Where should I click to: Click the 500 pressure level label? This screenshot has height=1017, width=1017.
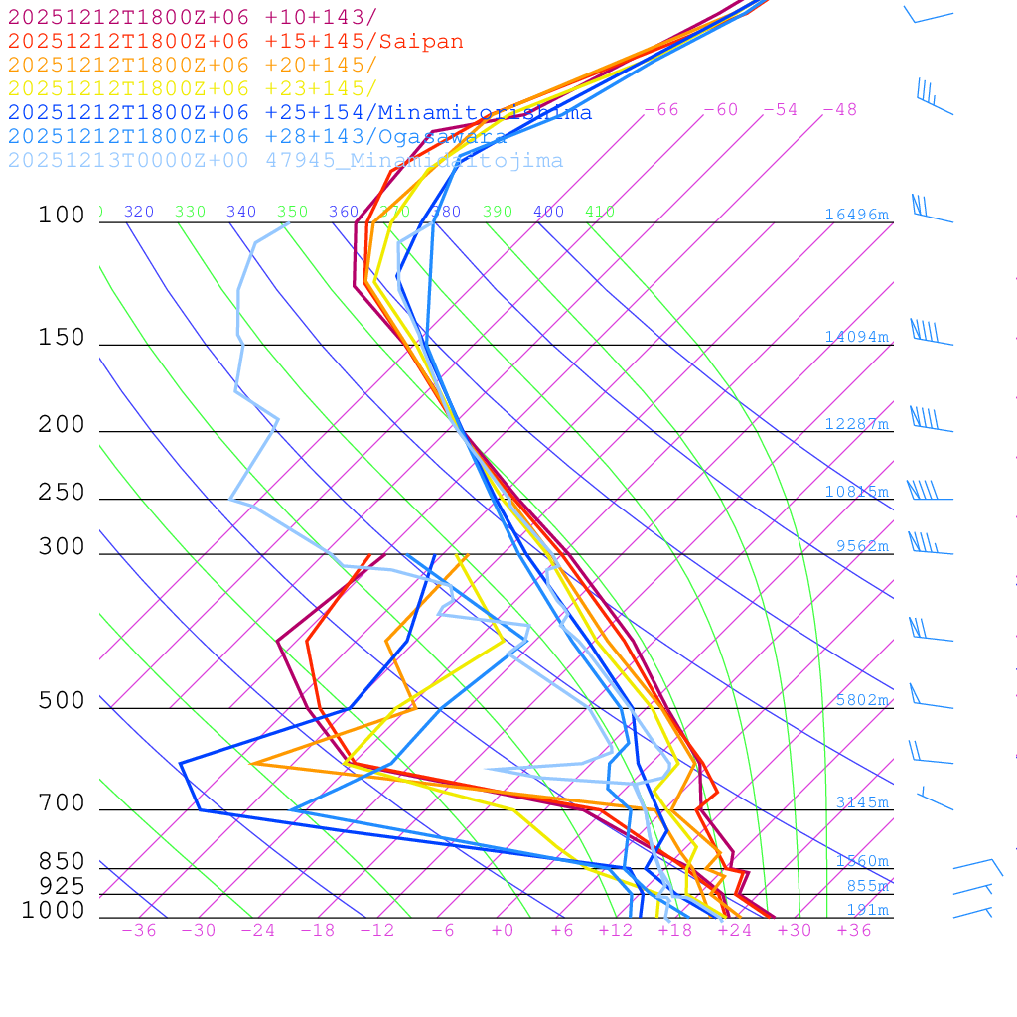click(x=63, y=701)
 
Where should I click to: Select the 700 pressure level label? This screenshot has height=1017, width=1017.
click(x=63, y=803)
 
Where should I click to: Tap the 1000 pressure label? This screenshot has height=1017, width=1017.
click(x=54, y=911)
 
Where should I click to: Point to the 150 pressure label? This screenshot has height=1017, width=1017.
click(x=63, y=338)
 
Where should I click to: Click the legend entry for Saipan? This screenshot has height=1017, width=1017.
click(x=235, y=42)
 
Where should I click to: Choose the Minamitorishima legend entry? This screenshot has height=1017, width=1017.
click(x=300, y=112)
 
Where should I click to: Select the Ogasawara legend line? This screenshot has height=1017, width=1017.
click(x=257, y=136)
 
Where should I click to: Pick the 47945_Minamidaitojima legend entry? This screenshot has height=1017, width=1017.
click(x=285, y=161)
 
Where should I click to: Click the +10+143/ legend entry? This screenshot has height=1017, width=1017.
click(x=193, y=17)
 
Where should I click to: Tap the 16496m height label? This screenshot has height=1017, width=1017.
click(x=857, y=215)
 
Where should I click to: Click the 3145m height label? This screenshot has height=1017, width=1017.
click(x=862, y=802)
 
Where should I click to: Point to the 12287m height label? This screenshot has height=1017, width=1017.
click(x=857, y=424)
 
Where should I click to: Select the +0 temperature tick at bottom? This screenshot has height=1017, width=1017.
click(x=503, y=931)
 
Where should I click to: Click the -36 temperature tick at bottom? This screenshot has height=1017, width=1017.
click(x=139, y=931)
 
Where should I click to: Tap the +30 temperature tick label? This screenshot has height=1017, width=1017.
click(x=795, y=931)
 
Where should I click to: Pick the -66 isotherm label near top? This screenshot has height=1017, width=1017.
click(x=661, y=110)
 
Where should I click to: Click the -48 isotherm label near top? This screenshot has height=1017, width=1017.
click(x=840, y=110)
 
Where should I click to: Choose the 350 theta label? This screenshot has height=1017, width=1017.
click(x=293, y=212)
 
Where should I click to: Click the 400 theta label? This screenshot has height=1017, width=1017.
click(x=548, y=212)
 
